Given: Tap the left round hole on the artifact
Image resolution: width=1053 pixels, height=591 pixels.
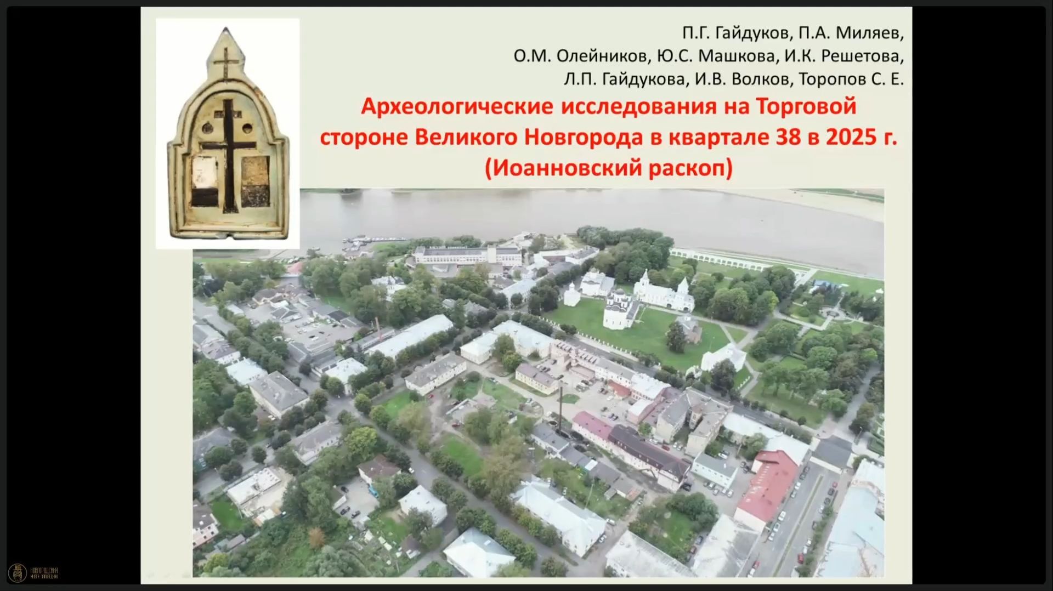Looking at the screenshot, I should tap(208, 129).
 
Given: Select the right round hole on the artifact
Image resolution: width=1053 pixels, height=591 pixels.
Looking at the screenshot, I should tap(247, 129).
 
